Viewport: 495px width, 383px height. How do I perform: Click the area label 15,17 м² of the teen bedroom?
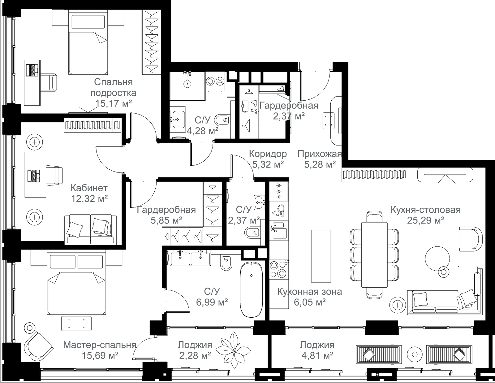click(114, 103)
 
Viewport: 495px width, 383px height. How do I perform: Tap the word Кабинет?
click(89, 188)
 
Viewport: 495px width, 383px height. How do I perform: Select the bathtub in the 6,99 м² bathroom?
click(252, 289)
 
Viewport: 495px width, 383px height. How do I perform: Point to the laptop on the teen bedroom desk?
click(32, 70)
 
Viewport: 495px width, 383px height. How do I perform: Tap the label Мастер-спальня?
click(100, 345)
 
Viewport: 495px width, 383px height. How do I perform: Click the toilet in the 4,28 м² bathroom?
click(222, 120)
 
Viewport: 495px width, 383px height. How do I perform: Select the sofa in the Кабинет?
click(90, 229)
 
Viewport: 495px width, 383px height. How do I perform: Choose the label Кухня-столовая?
click(425, 210)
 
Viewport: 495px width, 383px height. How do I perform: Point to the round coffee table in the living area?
click(437, 259)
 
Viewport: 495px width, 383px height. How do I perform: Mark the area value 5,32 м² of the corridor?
click(268, 164)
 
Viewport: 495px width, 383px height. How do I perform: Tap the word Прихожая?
click(320, 154)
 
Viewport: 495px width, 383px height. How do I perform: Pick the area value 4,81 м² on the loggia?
click(317, 355)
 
